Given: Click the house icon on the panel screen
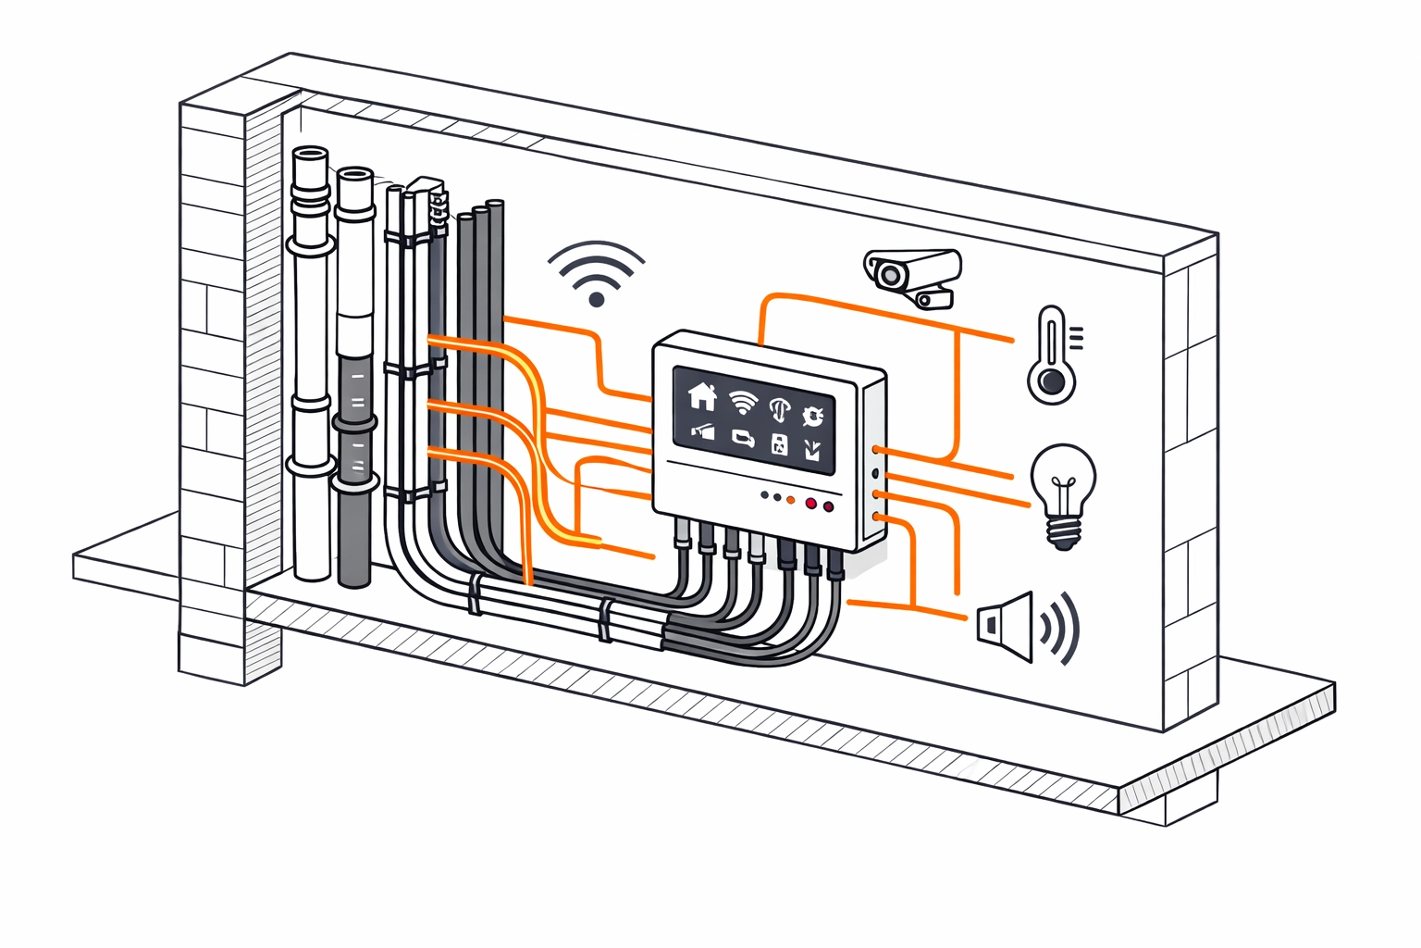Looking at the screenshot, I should click(702, 396).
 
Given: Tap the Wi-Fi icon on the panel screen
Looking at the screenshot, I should click(742, 401).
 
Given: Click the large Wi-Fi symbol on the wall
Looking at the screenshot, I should click(596, 272).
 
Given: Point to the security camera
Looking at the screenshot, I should click(912, 272).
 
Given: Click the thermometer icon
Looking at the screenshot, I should click(1053, 355).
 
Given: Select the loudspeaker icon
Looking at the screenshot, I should click(1007, 626).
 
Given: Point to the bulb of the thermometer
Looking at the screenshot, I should click(1051, 381).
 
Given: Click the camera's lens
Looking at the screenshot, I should click(890, 275).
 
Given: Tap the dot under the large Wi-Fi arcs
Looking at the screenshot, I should click(597, 299).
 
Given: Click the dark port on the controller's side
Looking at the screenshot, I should click(874, 473).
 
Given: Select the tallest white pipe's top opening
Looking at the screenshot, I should click(310, 154).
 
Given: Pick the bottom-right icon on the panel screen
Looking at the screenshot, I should click(812, 451).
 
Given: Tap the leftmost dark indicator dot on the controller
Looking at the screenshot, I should click(764, 495).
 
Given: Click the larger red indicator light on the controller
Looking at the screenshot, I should click(811, 504).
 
